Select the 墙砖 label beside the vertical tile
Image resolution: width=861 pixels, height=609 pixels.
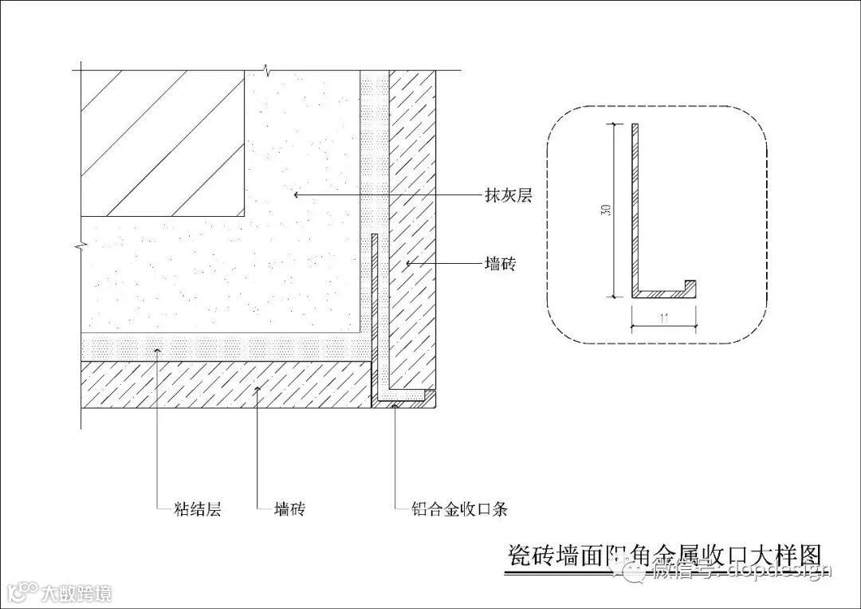click(x=500, y=264)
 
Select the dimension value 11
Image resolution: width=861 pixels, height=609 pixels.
click(x=664, y=318)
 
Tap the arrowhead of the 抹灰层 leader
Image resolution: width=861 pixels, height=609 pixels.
click(x=296, y=193)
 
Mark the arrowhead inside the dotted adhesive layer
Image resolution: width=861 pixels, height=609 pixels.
click(x=158, y=349)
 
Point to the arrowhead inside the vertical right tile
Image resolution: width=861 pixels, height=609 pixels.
click(x=407, y=261)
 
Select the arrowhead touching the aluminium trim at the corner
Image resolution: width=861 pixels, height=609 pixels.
click(x=395, y=405)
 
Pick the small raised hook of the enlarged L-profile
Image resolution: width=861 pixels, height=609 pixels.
click(x=691, y=285)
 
